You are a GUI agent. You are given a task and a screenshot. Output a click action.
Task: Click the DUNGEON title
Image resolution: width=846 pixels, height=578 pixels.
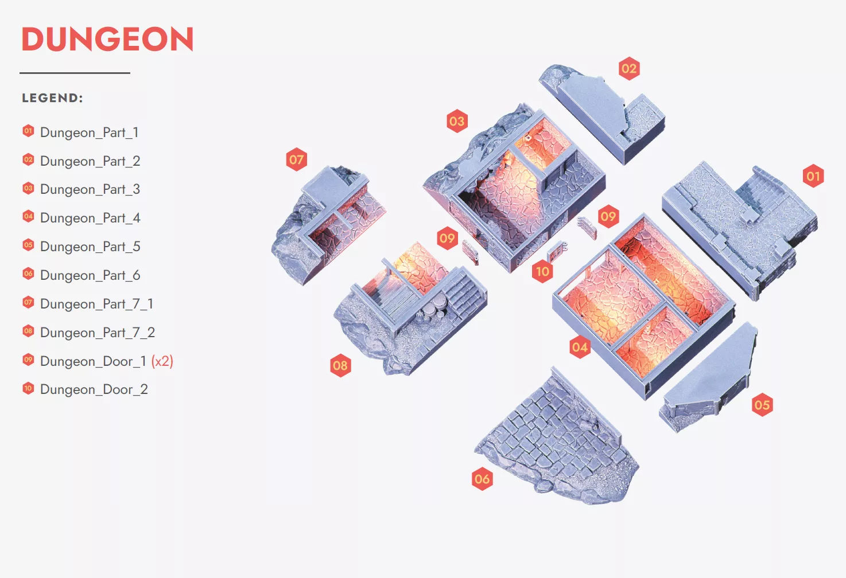[108, 39]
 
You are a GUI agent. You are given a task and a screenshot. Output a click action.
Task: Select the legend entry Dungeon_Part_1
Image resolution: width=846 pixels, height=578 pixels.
[89, 132]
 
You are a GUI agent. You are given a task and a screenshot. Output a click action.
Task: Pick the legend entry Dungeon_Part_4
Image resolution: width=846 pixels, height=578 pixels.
[90, 218]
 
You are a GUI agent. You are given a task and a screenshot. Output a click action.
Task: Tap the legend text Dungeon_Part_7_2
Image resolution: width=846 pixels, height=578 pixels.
[98, 333]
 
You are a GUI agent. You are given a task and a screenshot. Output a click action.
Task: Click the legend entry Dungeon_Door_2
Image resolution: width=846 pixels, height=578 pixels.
[94, 389]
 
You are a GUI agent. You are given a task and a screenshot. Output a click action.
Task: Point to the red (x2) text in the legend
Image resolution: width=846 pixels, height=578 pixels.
[162, 361]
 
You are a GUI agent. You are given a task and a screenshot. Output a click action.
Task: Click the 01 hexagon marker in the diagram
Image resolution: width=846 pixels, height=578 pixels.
[813, 176]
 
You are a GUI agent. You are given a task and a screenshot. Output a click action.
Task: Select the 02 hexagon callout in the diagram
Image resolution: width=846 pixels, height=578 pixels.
[629, 69]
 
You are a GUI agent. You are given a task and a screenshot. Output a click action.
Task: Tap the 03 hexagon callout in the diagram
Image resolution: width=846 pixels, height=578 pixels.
[457, 121]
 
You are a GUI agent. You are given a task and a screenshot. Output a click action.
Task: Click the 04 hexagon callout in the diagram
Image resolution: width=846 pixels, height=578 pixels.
[580, 347]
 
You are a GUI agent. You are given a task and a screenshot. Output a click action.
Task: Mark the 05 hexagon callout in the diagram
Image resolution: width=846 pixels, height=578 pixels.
[762, 405]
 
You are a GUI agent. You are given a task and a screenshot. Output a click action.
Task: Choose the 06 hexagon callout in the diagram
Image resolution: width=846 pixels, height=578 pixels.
[482, 479]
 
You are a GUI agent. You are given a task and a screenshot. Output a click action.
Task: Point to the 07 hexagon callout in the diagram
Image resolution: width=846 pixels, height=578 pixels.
[297, 159]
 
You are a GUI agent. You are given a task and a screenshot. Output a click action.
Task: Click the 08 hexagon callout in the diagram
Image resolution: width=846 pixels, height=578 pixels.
[340, 365]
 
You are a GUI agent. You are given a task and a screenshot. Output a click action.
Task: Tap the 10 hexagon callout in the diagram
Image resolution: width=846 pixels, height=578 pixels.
[542, 271]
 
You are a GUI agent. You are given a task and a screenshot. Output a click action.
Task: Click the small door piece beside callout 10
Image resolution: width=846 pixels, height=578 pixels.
[557, 252]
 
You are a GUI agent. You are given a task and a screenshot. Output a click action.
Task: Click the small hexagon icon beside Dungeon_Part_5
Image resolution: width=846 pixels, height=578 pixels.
[28, 245]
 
